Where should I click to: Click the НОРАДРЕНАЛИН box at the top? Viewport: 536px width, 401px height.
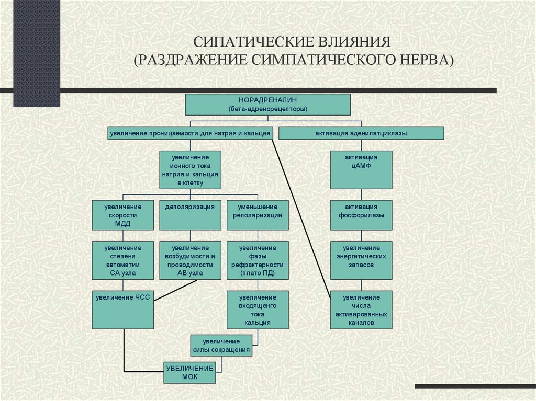[267, 104]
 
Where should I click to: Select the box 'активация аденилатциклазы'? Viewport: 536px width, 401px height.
[361, 133]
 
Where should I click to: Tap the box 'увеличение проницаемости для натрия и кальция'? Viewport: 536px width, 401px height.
[191, 133]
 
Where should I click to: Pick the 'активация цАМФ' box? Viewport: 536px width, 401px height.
[361, 169]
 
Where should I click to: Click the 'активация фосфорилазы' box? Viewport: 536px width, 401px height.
[361, 215]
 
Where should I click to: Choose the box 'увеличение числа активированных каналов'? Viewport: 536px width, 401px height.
[361, 310]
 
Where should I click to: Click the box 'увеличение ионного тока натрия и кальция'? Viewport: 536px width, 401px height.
[190, 169]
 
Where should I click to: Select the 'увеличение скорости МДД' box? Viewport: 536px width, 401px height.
[123, 215]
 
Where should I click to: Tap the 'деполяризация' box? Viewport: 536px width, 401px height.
[190, 215]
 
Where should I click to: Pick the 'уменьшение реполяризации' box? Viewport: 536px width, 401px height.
[257, 215]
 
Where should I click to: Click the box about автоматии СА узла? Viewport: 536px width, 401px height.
[123, 260]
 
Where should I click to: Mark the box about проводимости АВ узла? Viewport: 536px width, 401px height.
[190, 260]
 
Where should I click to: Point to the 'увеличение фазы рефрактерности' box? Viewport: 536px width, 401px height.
[257, 260]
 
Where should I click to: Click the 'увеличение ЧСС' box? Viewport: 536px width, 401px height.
[123, 310]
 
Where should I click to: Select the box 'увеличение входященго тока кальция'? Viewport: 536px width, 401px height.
[257, 310]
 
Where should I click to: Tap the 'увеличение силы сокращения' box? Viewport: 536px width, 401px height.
[221, 346]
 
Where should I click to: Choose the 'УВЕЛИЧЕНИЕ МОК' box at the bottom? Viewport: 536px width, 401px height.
[189, 372]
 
